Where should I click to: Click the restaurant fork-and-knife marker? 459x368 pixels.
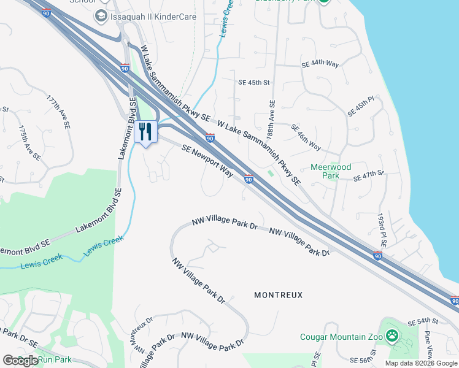tap(145, 132)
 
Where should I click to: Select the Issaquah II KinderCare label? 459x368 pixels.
tap(153, 17)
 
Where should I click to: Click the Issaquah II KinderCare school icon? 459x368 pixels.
tap(101, 17)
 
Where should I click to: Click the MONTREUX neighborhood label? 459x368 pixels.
tap(279, 295)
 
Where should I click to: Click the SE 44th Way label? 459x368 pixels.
tap(320, 64)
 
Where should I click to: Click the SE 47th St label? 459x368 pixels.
tap(368, 177)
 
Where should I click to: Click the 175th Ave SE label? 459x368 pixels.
tap(29, 144)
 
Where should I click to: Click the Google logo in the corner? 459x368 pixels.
tap(20, 361)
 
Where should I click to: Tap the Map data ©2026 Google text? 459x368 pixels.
tap(421, 363)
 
